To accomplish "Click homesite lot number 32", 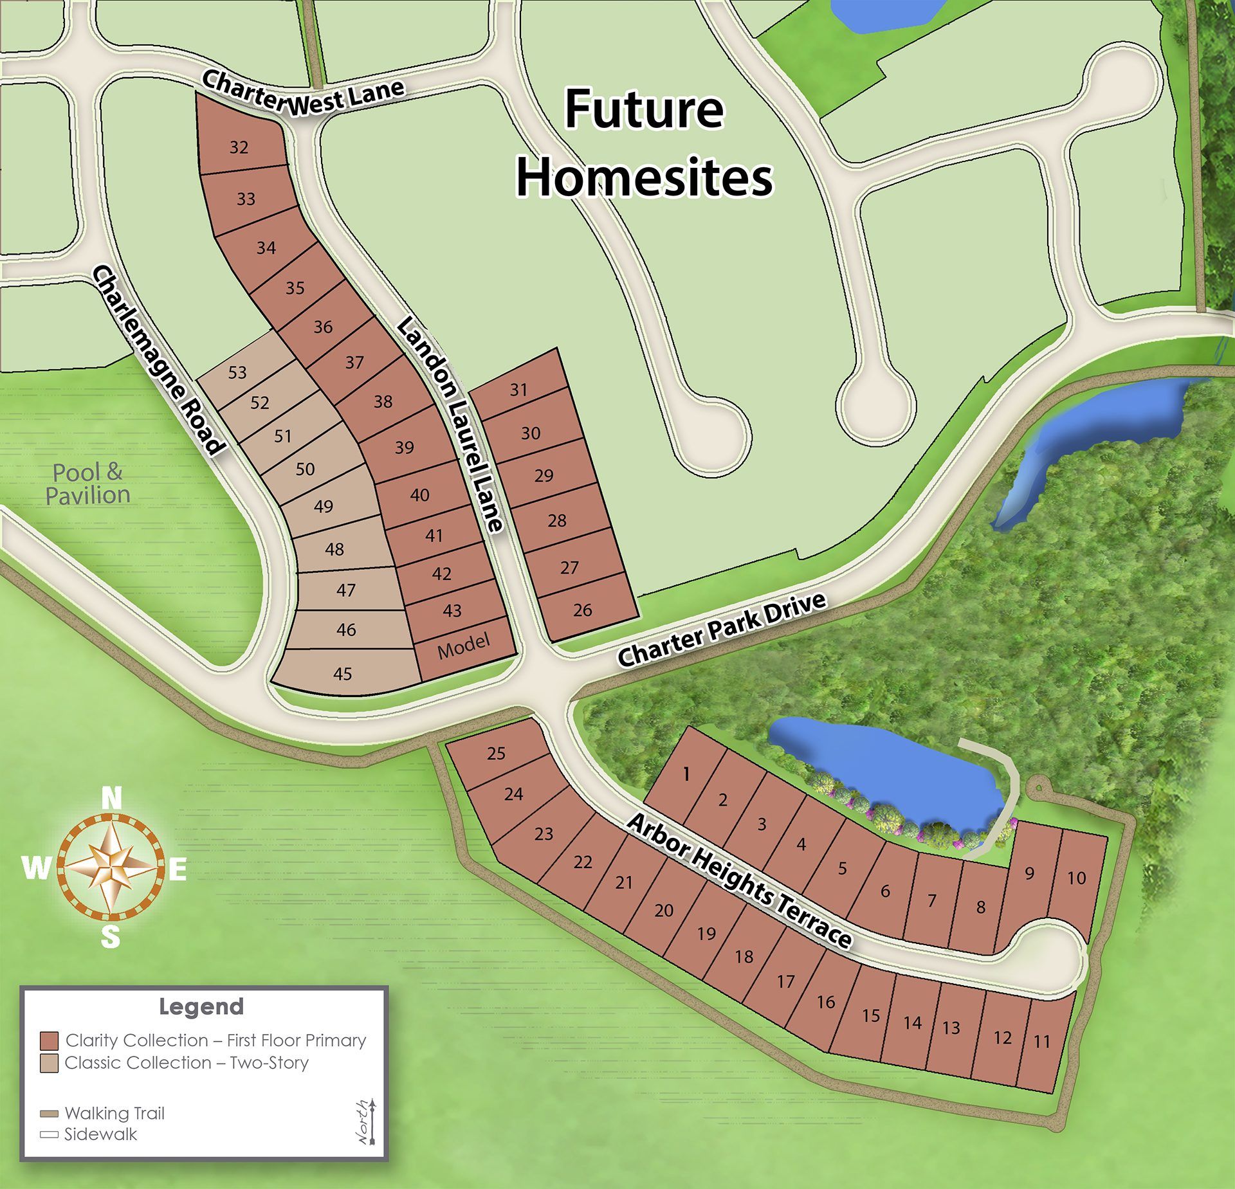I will coord(239,147).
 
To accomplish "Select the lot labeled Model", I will coord(463,645).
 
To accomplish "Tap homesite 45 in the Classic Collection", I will coord(342,673).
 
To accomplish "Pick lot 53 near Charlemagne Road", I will coord(237,372).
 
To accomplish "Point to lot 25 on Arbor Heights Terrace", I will coord(496,752).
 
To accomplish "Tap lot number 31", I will coord(518,389).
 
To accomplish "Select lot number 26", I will coord(582,610).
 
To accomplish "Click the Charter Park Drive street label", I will coord(721,630).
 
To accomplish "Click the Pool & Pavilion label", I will coord(87,484).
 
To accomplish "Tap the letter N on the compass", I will coord(111,799).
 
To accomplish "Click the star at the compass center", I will coord(111,867).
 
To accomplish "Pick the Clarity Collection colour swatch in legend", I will coord(49,1040).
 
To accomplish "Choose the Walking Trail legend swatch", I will coord(49,1114).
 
